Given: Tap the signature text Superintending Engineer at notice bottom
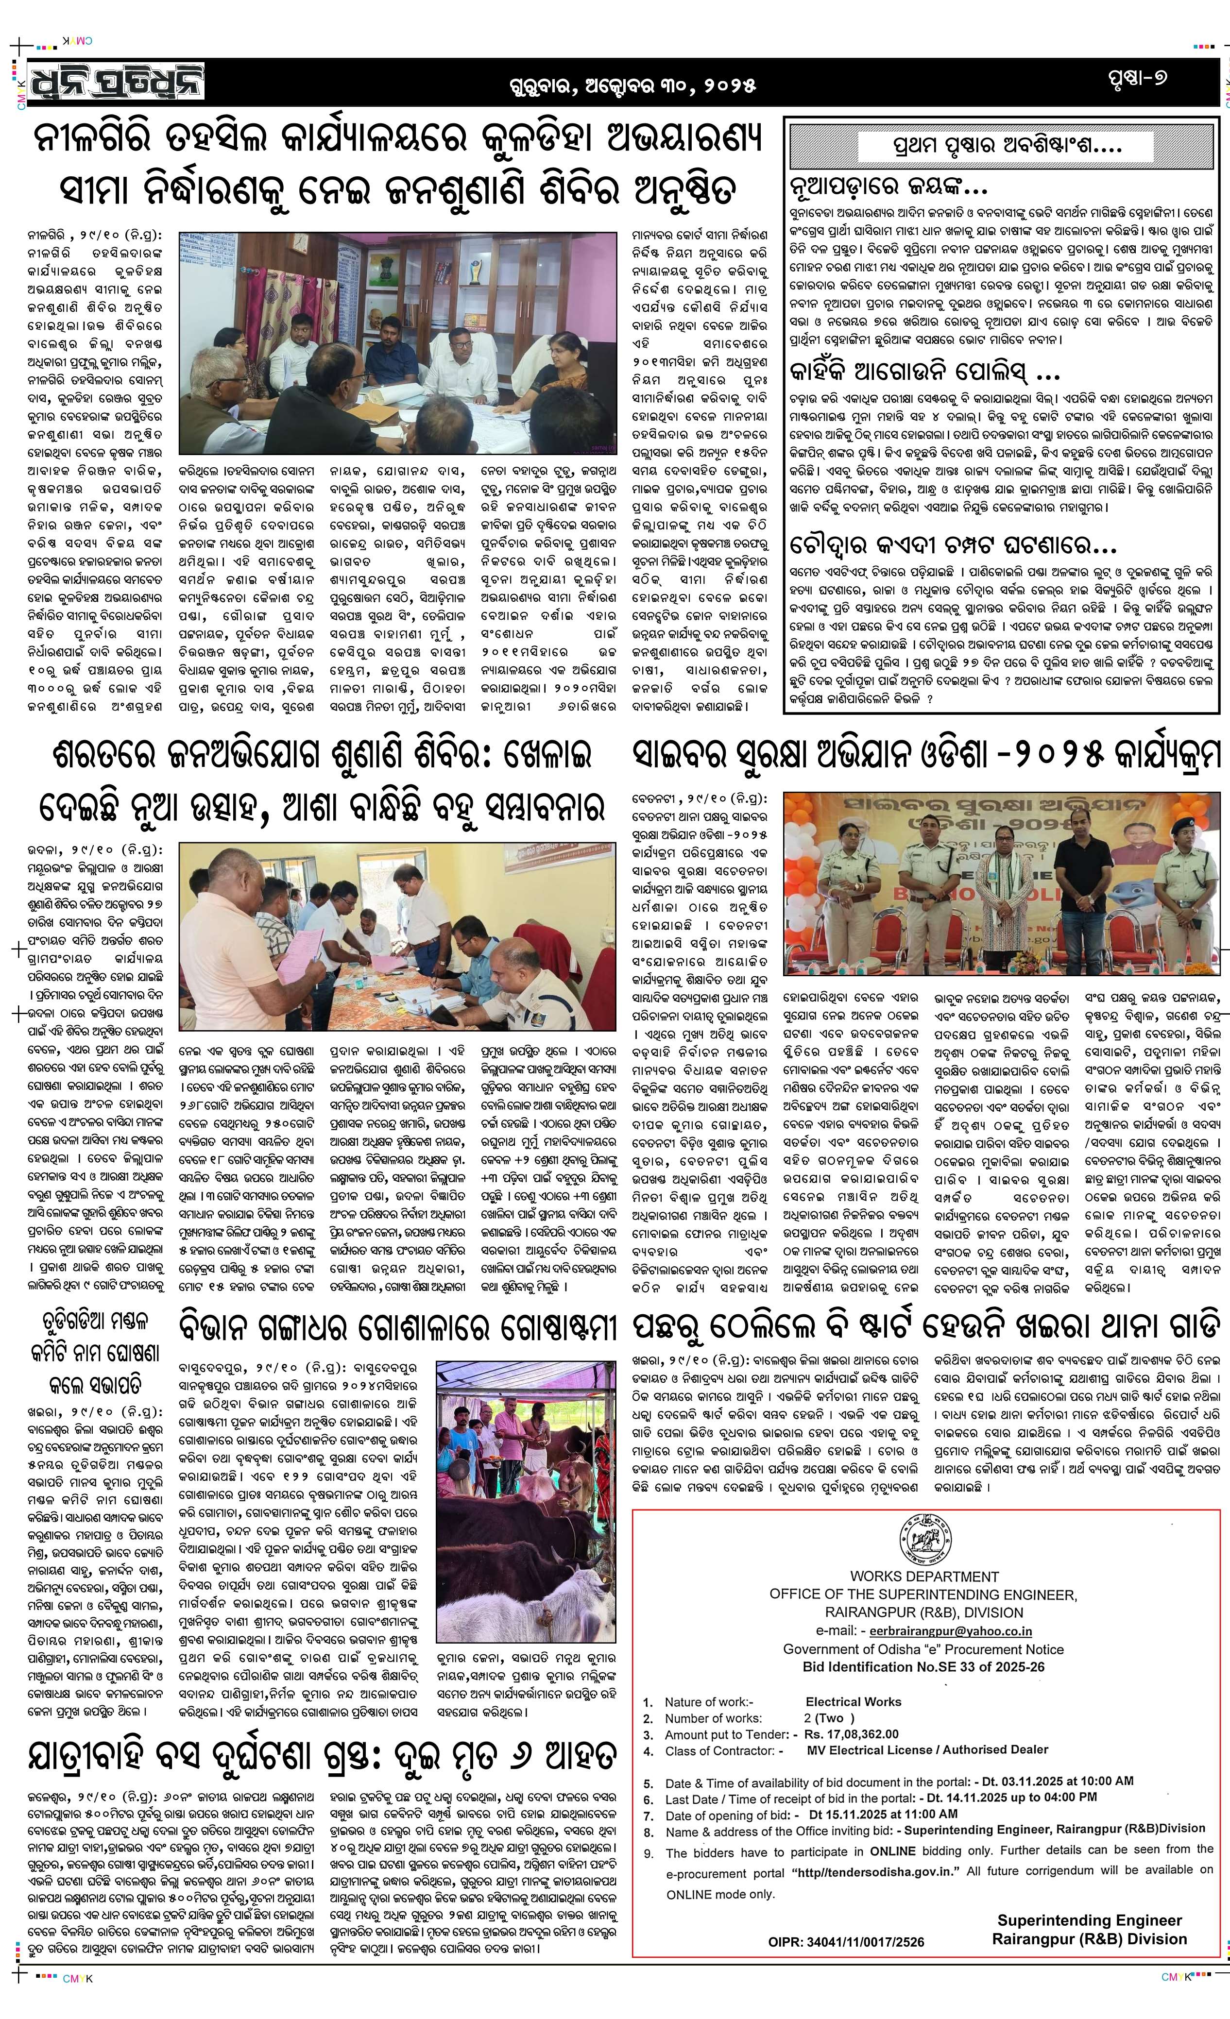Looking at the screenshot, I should pos(1089,1920).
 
